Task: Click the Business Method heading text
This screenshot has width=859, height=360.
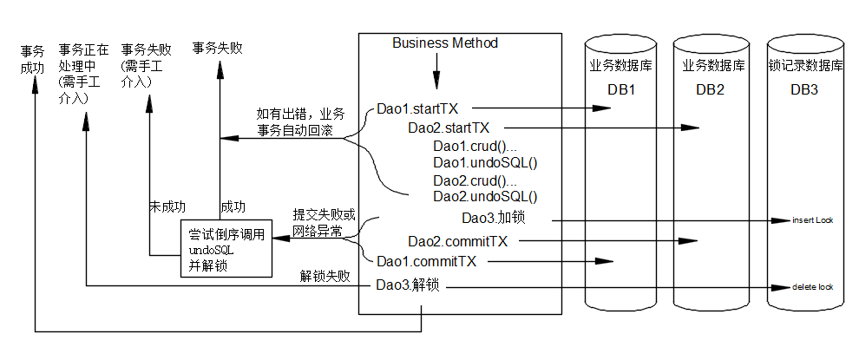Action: tap(444, 43)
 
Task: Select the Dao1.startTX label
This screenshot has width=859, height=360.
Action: tap(416, 110)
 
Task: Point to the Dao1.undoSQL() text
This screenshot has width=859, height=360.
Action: tap(484, 162)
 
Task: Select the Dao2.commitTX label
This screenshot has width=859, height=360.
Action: tap(457, 241)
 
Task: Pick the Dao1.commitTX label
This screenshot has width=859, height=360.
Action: tap(425, 260)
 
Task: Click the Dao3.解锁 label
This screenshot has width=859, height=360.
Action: tap(407, 285)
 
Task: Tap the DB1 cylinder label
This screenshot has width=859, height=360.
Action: tap(622, 90)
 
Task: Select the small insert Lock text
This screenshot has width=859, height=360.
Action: tap(812, 220)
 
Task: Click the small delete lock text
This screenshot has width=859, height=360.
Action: tap(812, 285)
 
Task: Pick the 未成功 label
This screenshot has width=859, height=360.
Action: tap(167, 207)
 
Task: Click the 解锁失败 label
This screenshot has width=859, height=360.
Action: tap(325, 277)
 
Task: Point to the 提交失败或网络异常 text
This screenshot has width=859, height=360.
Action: tap(324, 222)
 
